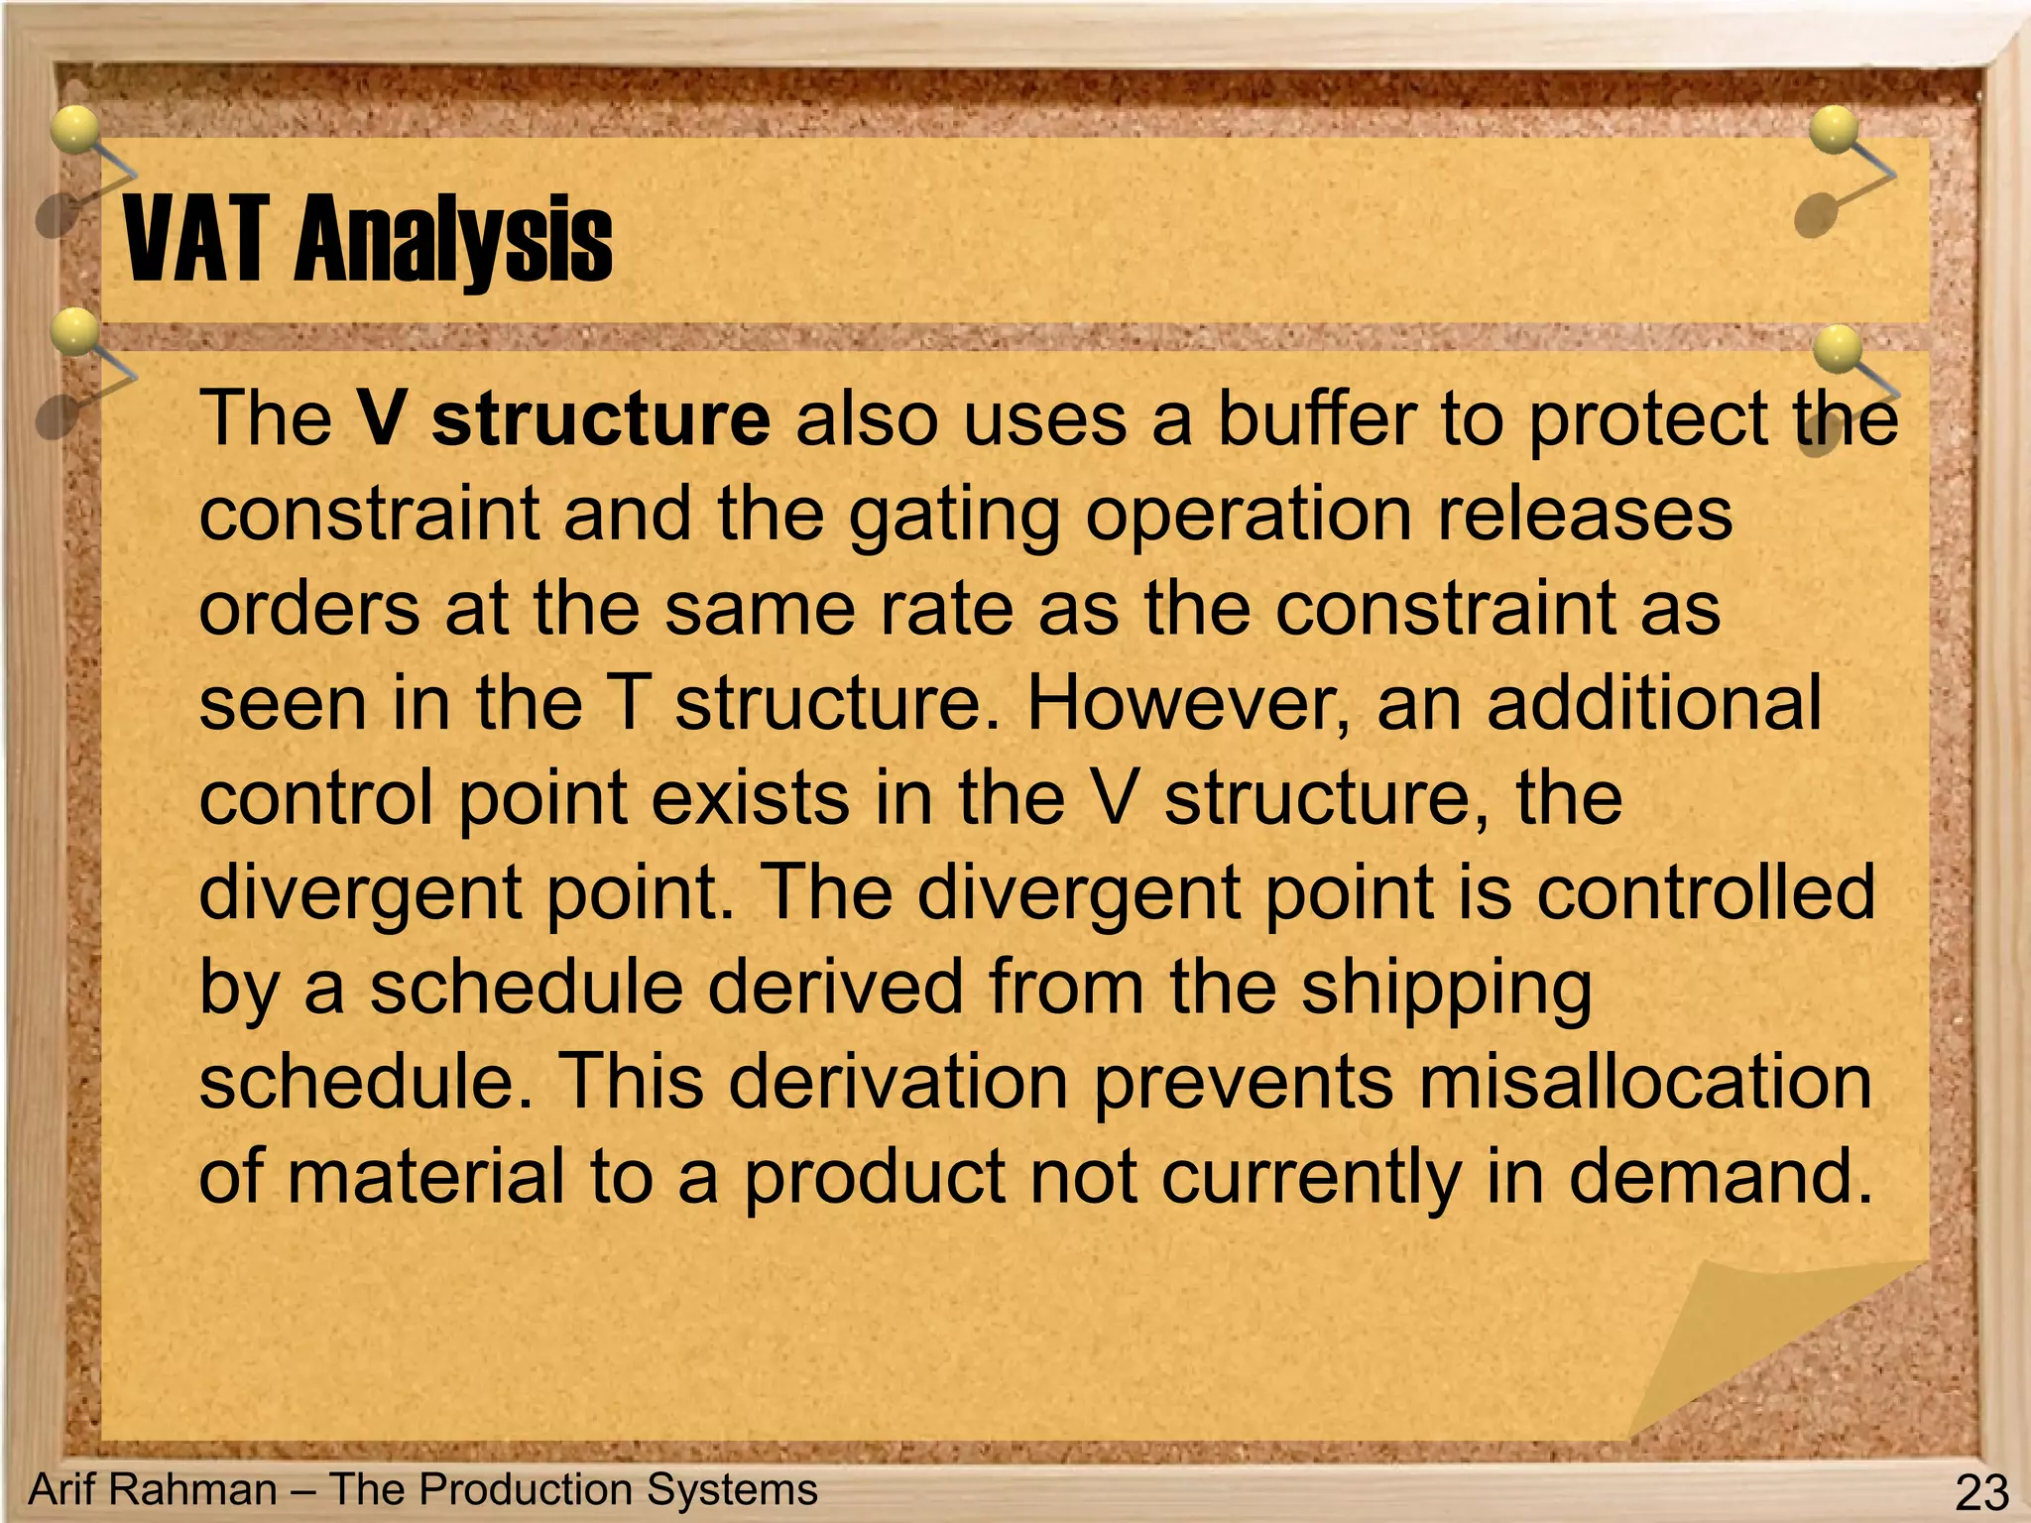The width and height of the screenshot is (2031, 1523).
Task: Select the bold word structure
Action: [601, 419]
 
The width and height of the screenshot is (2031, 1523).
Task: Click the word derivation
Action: [897, 1081]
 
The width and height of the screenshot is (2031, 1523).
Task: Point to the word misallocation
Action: [1645, 1081]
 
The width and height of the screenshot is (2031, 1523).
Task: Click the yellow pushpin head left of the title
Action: [75, 129]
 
